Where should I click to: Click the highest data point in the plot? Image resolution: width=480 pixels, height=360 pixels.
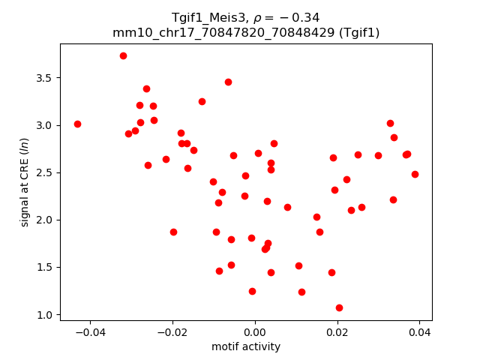(123, 55)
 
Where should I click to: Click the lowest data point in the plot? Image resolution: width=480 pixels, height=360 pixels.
(339, 307)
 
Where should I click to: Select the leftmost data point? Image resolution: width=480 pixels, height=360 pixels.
(77, 124)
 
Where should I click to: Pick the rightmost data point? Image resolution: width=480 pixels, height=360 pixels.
(415, 174)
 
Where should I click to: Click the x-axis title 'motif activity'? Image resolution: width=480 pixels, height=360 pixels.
(246, 346)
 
